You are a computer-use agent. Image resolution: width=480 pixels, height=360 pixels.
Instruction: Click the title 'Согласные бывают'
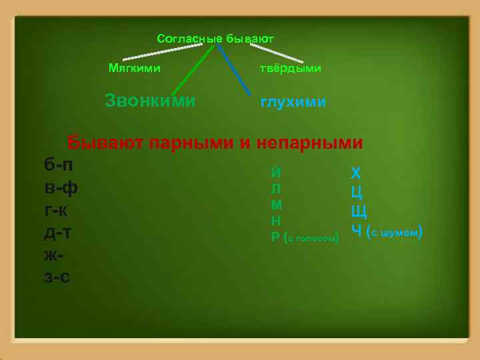215,39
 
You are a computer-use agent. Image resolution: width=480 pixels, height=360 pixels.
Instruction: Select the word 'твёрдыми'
290,69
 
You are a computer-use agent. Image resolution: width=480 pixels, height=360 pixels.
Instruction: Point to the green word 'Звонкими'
151,101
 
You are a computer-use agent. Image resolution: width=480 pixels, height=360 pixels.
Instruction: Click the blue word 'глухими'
293,102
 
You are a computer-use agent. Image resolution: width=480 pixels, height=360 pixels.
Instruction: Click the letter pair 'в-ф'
61,187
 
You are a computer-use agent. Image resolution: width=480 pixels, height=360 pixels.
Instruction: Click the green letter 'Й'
276,172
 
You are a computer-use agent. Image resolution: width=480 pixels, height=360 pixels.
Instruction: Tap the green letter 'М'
277,205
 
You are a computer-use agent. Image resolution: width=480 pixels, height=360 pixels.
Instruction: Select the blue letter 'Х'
356,174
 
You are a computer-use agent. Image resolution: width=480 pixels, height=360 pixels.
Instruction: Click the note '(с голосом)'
313,237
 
